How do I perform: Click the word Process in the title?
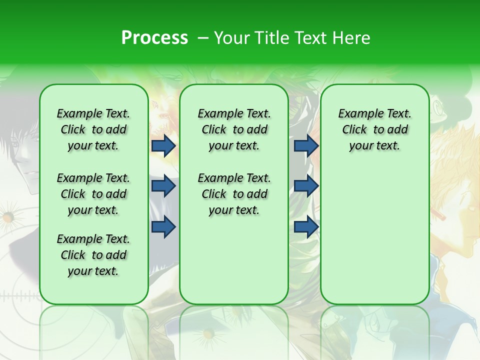(154, 38)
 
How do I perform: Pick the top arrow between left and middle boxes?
(163, 145)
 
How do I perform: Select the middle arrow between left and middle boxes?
(163, 186)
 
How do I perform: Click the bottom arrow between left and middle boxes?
(163, 226)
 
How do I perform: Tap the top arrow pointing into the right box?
(306, 145)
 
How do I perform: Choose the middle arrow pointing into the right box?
(306, 186)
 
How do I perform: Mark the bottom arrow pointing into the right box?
(306, 226)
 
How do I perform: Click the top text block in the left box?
(93, 129)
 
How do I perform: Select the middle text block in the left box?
(93, 194)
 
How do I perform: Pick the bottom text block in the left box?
(93, 255)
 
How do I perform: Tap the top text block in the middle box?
(234, 129)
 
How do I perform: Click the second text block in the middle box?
(234, 194)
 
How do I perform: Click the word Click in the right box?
(354, 130)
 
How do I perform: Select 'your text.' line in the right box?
(374, 146)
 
